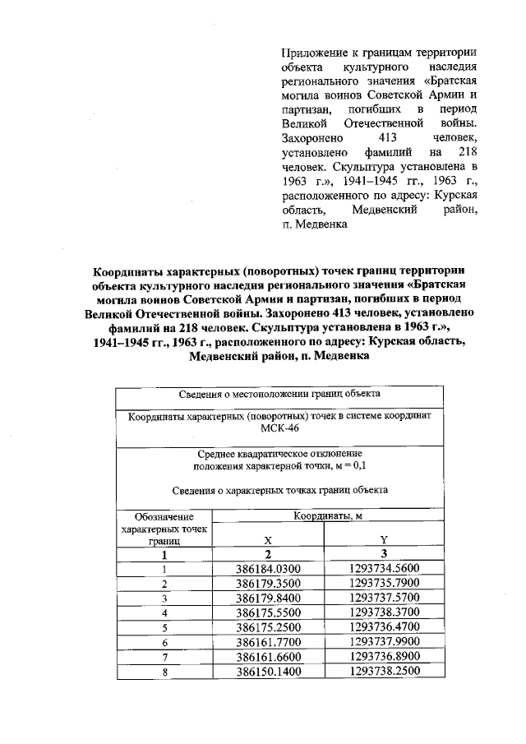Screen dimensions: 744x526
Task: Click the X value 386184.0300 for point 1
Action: [269, 569]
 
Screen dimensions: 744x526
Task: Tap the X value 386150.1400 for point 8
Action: [269, 672]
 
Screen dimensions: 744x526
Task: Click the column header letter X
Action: [267, 540]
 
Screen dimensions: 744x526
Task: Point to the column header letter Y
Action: [384, 540]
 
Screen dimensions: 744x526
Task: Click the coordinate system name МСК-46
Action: [279, 430]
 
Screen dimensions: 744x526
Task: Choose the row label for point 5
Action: [165, 628]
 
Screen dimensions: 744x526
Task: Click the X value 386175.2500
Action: [269, 628]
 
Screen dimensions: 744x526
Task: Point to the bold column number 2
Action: [268, 555]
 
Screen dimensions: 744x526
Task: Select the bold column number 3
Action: [384, 555]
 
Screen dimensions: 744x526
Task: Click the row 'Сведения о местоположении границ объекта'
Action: [279, 395]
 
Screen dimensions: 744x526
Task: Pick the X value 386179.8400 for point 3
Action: [269, 598]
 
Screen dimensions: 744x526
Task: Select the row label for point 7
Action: [165, 657]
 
